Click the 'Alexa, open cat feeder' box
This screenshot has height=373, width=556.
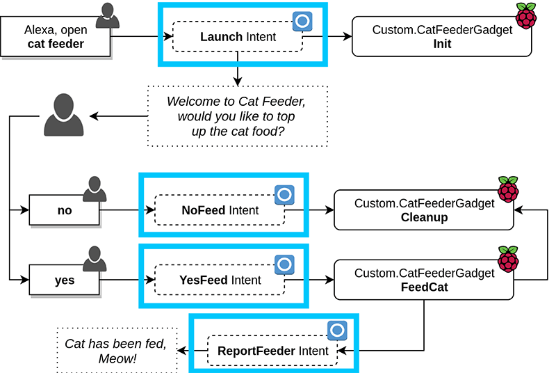point(54,37)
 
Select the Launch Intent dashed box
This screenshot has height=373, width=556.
point(238,36)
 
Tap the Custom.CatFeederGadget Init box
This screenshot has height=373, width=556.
point(442,37)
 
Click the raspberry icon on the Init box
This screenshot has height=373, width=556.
point(525,15)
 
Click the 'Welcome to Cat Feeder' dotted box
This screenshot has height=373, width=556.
point(237,116)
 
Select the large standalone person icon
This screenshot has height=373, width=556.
point(63,116)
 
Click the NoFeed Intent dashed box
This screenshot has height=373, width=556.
point(220,210)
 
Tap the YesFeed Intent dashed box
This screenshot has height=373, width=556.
point(220,280)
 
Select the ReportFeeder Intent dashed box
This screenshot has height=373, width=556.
point(272,350)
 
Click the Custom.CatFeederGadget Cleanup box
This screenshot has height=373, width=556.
point(424,210)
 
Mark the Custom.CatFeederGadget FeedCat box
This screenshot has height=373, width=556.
point(424,280)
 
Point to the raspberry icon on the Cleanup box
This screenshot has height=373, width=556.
point(508,189)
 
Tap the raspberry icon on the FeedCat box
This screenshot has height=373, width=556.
point(508,258)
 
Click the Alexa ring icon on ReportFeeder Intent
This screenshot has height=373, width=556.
point(337,331)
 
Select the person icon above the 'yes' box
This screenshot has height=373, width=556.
point(95,260)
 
